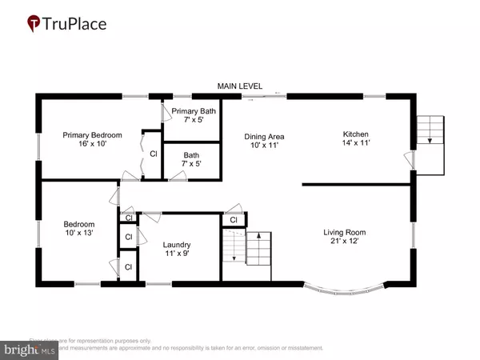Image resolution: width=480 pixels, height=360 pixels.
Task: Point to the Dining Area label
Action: pos(265,137)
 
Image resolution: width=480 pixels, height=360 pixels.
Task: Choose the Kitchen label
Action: pos(354,134)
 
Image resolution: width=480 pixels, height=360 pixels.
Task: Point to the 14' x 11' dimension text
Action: pos(354,143)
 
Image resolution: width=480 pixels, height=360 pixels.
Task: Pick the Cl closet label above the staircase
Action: pos(233,220)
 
